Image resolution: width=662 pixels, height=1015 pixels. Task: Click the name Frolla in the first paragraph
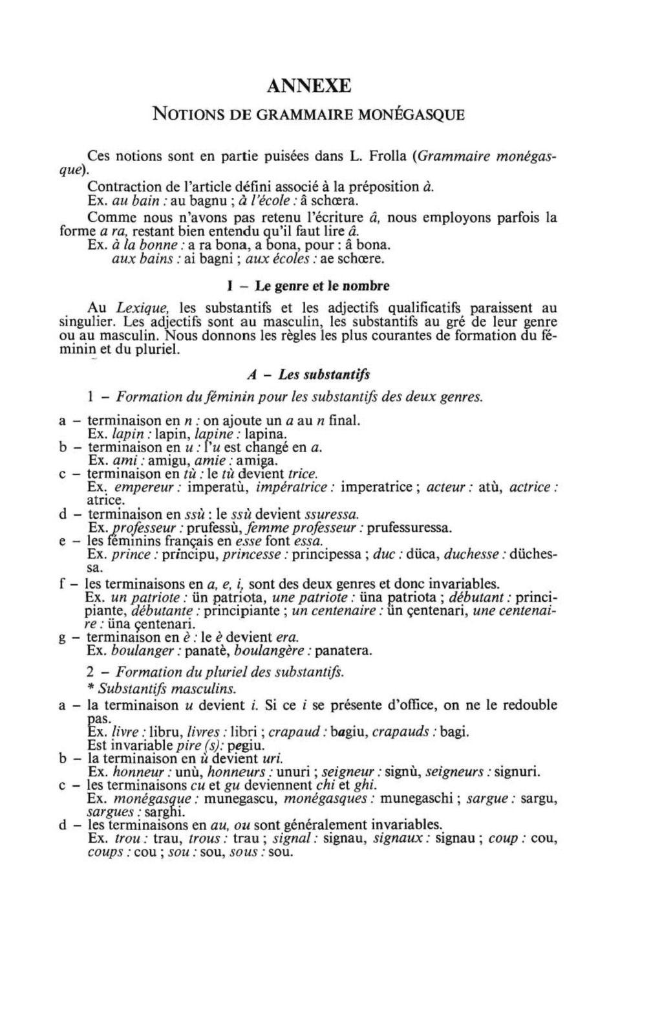(386, 156)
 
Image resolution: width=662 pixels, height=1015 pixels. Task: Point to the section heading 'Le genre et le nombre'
(322, 286)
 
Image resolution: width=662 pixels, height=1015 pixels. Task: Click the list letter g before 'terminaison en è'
(63, 638)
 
